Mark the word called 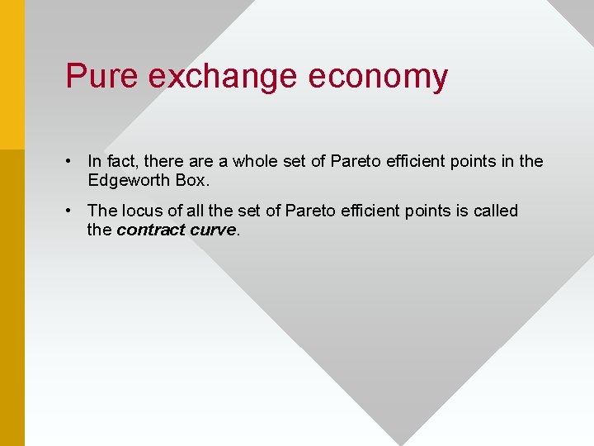tap(495, 211)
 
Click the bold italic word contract tap(150, 230)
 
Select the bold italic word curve tap(213, 230)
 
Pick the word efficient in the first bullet tap(414, 161)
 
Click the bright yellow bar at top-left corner tap(12, 74)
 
